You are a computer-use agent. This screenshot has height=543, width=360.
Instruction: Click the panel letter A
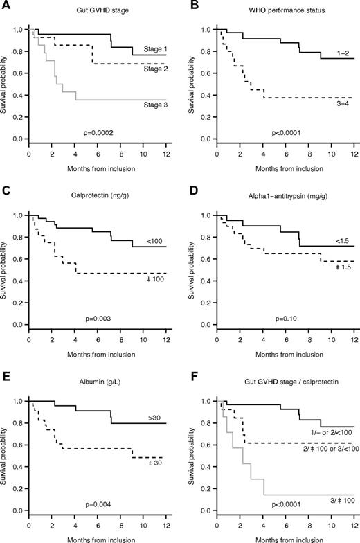[6, 5]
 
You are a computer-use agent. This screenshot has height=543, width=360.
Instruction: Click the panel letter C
[6, 190]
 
